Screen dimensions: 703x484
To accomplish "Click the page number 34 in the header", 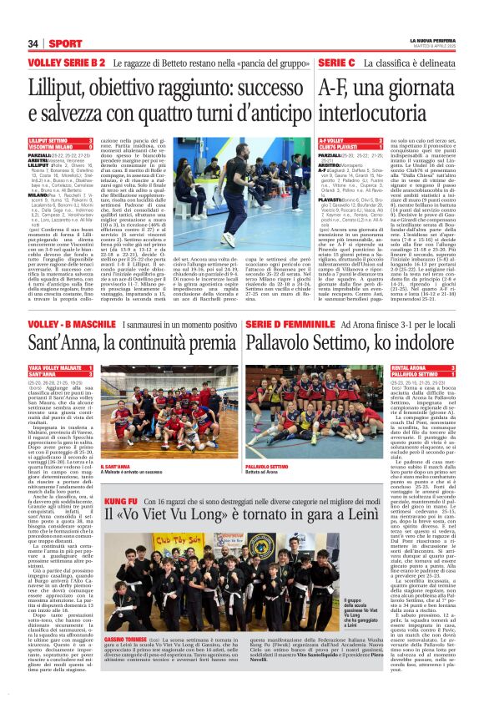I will [34, 43].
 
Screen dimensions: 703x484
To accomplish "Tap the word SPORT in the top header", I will [65, 43].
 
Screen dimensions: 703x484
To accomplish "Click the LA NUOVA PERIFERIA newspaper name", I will [432, 40].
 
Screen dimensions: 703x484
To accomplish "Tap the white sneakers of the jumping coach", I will [228, 239].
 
